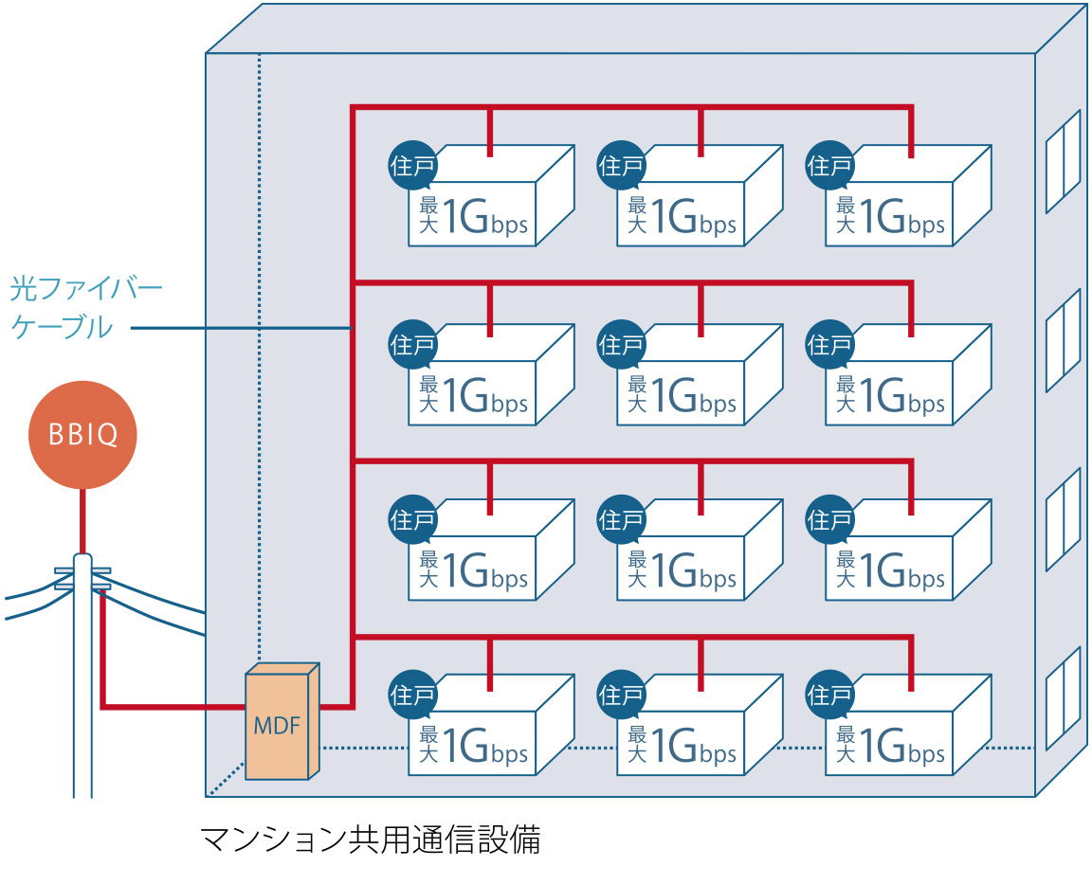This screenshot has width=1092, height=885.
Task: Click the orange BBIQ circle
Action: pyautogui.click(x=82, y=435)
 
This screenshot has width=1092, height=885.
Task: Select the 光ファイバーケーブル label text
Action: pyautogui.click(x=85, y=307)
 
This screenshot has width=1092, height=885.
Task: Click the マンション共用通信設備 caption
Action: pyautogui.click(x=370, y=840)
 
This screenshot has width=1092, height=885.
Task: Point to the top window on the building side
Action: pyautogui.click(x=1063, y=161)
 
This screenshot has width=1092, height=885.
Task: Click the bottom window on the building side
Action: pyautogui.click(x=1063, y=697)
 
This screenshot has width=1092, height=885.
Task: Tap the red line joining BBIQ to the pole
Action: pyautogui.click(x=82, y=520)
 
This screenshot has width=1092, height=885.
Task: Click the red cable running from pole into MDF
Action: pyautogui.click(x=171, y=707)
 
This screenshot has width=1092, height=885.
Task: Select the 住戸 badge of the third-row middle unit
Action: pyautogui.click(x=622, y=518)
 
